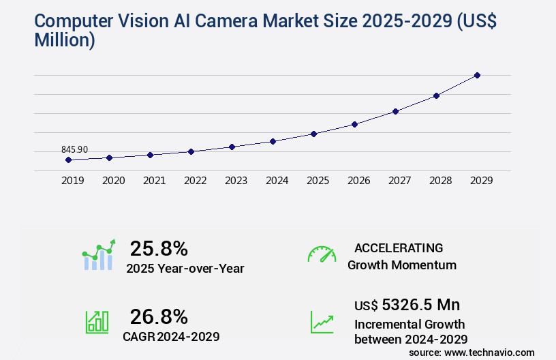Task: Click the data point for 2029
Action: [477, 75]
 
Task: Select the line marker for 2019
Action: [68, 160]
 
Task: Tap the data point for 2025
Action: [313, 134]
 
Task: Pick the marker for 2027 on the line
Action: [395, 111]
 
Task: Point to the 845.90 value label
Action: [74, 150]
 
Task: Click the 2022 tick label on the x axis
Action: [195, 181]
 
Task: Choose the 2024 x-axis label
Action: [277, 181]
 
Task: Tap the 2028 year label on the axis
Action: [440, 181]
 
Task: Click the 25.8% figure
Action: [159, 248]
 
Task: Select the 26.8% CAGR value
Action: [159, 316]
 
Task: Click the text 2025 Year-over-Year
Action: [185, 269]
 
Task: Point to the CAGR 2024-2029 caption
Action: [171, 336]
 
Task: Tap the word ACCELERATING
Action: [399, 247]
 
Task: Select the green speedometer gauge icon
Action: [322, 254]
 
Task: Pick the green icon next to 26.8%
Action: [97, 322]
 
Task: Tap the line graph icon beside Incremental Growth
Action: [322, 322]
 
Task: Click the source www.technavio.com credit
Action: [472, 352]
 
